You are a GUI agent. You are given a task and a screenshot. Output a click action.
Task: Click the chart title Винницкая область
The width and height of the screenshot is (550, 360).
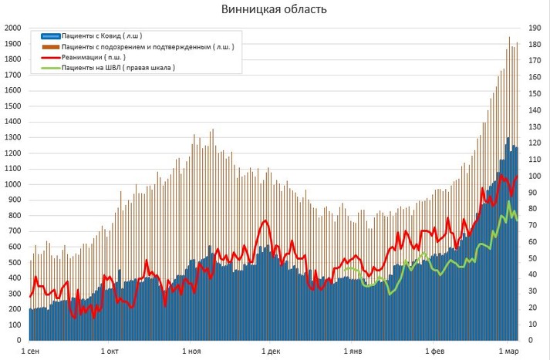pyautogui.click(x=274, y=10)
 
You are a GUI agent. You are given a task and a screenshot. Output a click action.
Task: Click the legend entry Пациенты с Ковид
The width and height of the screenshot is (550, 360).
pyautogui.click(x=101, y=36)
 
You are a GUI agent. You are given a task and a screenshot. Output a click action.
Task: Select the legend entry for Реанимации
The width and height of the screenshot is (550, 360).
pyautogui.click(x=93, y=58)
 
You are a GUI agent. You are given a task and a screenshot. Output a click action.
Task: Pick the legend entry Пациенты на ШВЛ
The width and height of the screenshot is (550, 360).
pyautogui.click(x=118, y=68)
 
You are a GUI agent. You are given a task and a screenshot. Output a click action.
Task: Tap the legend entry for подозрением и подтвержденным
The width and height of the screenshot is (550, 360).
pyautogui.click(x=147, y=47)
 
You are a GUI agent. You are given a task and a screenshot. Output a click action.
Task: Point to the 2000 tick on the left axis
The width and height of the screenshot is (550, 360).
pyautogui.click(x=12, y=28)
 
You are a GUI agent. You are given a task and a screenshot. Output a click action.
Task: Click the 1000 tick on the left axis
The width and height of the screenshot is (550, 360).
pyautogui.click(x=12, y=184)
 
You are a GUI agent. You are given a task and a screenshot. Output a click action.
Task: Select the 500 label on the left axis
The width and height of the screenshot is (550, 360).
pyautogui.click(x=15, y=262)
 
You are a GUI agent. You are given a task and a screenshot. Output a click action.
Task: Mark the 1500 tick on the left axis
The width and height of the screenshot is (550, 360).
pyautogui.click(x=12, y=106)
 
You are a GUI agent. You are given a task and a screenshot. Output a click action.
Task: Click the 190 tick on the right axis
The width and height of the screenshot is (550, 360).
pyautogui.click(x=533, y=28)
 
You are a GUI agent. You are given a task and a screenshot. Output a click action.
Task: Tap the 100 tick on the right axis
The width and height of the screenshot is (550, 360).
pyautogui.click(x=533, y=176)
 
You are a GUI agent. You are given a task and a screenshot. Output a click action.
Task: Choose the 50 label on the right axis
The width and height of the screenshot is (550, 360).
pyautogui.click(x=531, y=258)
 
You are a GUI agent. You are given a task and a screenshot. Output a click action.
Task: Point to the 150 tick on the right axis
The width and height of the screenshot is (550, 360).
pyautogui.click(x=533, y=93)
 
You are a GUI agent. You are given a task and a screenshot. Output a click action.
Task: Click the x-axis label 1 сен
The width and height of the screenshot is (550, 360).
pyautogui.click(x=31, y=352)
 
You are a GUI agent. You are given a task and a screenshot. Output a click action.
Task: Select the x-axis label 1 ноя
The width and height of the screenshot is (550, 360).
pyautogui.click(x=192, y=352)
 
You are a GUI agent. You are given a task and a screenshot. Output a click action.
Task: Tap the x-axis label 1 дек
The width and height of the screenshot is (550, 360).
pyautogui.click(x=272, y=352)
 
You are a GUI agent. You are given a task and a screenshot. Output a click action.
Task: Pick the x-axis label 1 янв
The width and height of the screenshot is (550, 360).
pyautogui.click(x=353, y=352)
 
